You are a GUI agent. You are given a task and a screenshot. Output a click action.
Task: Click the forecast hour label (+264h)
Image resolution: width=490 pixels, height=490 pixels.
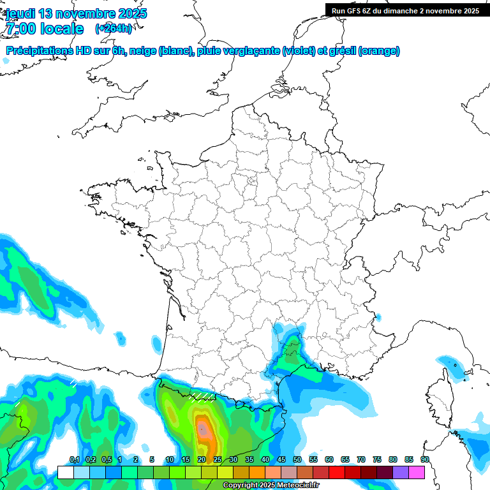pyautogui.click(x=114, y=28)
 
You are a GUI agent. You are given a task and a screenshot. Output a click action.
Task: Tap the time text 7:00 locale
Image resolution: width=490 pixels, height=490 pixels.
pyautogui.click(x=45, y=28)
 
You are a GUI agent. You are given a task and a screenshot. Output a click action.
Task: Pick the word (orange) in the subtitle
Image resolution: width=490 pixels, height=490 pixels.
pyautogui.click(x=379, y=51)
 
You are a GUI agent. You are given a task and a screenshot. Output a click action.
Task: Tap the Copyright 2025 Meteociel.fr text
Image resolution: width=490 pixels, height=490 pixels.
pyautogui.click(x=271, y=486)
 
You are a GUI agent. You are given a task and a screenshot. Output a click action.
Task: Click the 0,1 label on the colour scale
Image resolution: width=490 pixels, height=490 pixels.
pyautogui.click(x=74, y=460)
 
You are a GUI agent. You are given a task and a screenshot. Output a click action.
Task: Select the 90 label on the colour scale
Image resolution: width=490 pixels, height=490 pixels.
pyautogui.click(x=424, y=460)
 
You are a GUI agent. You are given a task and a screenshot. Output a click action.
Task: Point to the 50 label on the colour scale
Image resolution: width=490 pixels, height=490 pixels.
pyautogui.click(x=297, y=460)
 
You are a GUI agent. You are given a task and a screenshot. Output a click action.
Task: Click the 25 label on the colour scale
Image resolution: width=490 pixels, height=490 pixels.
pyautogui.click(x=217, y=460)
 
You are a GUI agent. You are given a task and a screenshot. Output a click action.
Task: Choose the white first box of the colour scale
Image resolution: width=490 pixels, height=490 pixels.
pyautogui.click(x=65, y=472)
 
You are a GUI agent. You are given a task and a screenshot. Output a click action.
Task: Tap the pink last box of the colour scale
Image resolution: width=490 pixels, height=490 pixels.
pyautogui.click(x=417, y=472)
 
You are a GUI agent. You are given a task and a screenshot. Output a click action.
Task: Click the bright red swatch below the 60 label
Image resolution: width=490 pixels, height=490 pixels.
pyautogui.click(x=337, y=472)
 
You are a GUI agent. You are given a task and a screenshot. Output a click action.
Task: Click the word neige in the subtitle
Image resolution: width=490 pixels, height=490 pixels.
pyautogui.click(x=142, y=51)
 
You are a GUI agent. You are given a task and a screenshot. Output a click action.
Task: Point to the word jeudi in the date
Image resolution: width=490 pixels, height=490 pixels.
pyautogui.click(x=21, y=13)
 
